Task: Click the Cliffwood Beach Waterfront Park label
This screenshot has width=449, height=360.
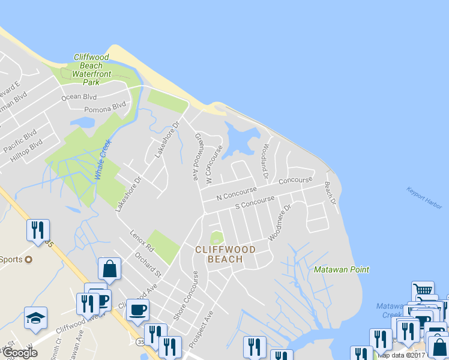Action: click(x=91, y=70)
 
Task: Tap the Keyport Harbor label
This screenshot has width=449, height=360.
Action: click(x=424, y=197)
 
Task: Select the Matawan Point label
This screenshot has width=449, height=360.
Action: click(x=342, y=270)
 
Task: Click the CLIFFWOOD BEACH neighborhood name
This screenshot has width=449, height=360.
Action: click(x=226, y=254)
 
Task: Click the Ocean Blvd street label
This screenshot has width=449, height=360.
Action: click(x=79, y=97)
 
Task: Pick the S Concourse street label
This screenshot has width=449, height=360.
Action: click(x=255, y=202)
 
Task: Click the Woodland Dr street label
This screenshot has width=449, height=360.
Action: click(x=265, y=160)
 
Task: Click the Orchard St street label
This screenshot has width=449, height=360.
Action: click(x=148, y=265)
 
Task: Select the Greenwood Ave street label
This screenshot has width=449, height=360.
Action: click(x=196, y=157)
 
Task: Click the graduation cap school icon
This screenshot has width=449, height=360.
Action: click(x=35, y=317)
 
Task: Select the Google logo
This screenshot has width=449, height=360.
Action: click(x=19, y=353)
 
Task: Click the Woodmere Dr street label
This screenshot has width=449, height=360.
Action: click(x=279, y=223)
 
